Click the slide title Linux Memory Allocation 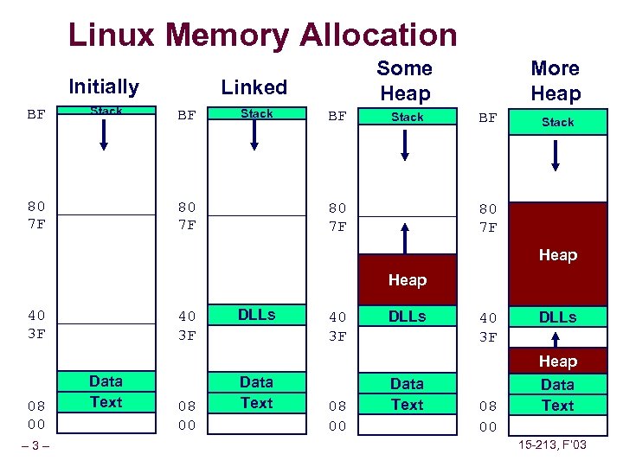click(x=262, y=35)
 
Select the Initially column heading click(x=103, y=86)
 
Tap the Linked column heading click(x=254, y=86)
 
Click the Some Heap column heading click(x=404, y=80)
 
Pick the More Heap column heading click(x=555, y=80)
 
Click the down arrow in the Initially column click(x=104, y=135)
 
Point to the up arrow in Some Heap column click(x=405, y=236)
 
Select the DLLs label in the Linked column click(x=256, y=316)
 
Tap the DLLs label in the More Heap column click(x=557, y=317)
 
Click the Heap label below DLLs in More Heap click(x=557, y=361)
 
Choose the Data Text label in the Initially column click(x=106, y=392)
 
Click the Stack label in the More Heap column click(x=557, y=122)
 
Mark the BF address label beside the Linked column click(x=186, y=114)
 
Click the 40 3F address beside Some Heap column click(x=337, y=327)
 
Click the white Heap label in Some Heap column click(x=407, y=280)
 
